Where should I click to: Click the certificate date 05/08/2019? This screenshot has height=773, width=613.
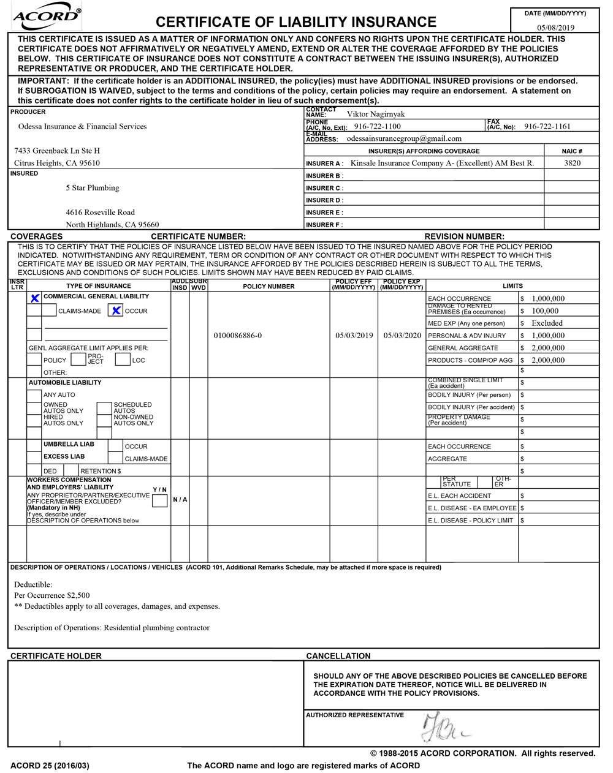pos(555,28)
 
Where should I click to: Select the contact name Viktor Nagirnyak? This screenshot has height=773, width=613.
pos(376,115)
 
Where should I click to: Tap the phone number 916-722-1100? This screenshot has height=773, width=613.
pos(377,127)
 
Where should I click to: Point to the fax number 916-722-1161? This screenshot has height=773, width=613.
pos(547,127)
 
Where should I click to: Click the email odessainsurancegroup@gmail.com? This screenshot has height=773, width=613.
pos(404,139)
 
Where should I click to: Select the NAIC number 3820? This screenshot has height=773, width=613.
pos(572,164)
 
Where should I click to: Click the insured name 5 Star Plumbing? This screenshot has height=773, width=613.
pos(93,188)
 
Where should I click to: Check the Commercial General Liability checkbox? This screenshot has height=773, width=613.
pos(35,298)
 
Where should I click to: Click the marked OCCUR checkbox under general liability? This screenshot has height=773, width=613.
pos(116,311)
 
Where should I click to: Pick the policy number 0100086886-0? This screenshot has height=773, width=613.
pos(238,336)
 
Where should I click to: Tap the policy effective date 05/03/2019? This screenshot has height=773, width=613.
pos(354,336)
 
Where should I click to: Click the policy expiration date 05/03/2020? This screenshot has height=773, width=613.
pos(402,336)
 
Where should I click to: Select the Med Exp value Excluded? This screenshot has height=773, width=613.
pos(547,323)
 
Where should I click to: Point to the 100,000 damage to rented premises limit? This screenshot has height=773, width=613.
pos(545,311)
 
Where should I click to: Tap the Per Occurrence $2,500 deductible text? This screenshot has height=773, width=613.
pos(52,595)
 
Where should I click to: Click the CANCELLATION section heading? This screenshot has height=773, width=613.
pos(338,656)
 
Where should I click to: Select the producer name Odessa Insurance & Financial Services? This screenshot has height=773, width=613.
pos(82,127)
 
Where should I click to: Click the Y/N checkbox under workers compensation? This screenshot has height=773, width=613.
pos(159,501)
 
